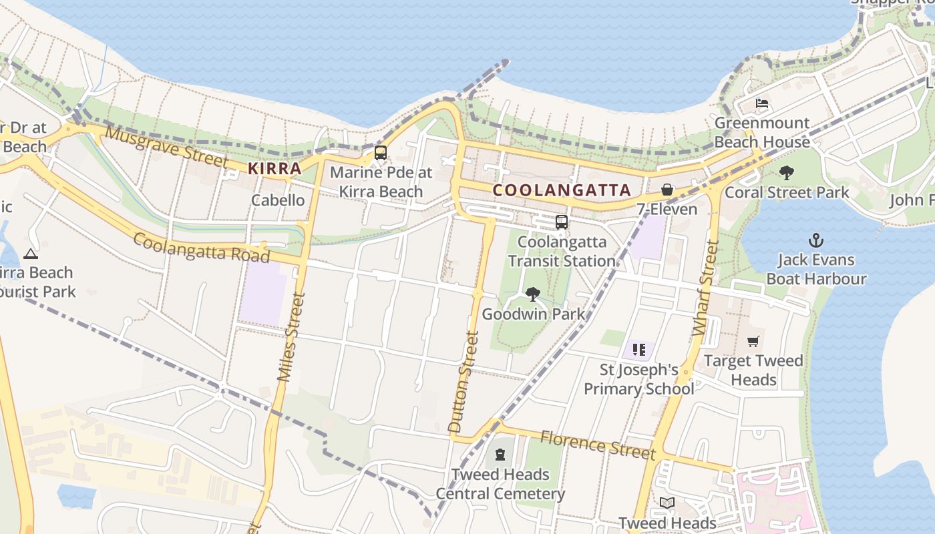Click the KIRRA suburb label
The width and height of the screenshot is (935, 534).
[x=274, y=168]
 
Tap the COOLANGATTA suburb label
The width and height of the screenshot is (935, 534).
[x=562, y=190]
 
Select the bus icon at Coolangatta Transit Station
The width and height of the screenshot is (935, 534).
[x=562, y=222]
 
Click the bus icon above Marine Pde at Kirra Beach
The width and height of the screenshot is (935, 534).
[x=381, y=153]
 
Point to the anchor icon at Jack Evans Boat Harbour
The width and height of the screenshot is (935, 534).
[x=815, y=240]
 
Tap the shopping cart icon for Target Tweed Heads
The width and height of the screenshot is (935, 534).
[x=753, y=342]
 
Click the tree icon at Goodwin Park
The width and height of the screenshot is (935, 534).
[x=532, y=294]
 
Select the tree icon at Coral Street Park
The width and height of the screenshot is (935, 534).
[x=787, y=173]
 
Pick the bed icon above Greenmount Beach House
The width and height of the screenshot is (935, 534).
[x=762, y=103]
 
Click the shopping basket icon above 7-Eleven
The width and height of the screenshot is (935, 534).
[x=667, y=190]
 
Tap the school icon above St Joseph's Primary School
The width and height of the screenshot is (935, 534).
[x=639, y=349]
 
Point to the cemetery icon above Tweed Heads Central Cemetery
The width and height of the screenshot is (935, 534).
[x=500, y=455]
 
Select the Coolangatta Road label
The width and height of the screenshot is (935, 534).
[x=201, y=248]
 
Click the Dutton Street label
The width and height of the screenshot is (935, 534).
[x=464, y=382]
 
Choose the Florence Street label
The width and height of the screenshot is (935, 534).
[x=598, y=445]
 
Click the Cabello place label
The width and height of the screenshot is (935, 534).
[x=278, y=200]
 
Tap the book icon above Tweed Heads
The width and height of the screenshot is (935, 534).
[x=667, y=503]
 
